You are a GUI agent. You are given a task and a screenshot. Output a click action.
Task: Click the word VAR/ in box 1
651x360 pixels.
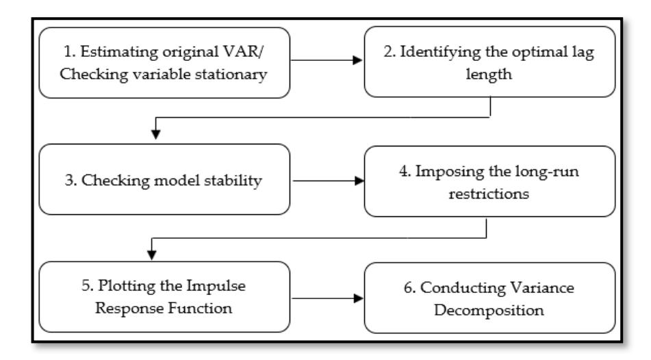point(243,52)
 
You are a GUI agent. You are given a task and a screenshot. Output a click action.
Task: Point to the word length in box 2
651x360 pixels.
point(489,75)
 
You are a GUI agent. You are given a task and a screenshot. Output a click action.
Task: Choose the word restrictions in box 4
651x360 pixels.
point(489,194)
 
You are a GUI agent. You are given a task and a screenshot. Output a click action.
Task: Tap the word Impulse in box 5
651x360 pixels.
point(216,286)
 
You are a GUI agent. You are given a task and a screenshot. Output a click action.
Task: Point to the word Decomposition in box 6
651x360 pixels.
point(489,311)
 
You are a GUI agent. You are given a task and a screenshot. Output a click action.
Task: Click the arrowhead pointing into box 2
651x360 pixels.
point(357,60)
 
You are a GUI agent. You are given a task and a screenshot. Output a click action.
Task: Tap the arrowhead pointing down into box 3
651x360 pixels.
point(155,134)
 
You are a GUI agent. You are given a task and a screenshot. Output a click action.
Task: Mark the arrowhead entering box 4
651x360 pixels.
point(359,181)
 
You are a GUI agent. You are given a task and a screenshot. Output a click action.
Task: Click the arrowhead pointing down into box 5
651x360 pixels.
point(152,255)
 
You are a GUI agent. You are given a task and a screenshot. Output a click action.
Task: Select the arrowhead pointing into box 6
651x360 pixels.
point(358,298)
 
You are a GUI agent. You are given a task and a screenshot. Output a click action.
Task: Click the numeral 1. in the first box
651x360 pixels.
point(69,52)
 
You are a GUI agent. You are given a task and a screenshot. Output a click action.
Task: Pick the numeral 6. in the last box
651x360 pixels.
point(409,287)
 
